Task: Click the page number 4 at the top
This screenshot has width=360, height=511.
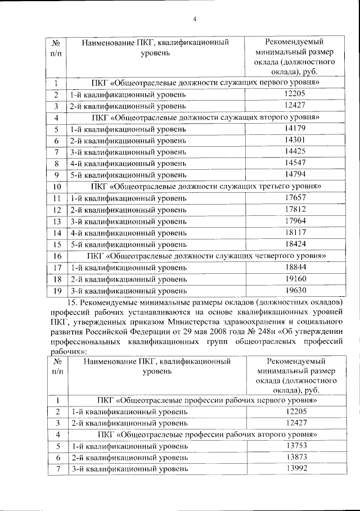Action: pyautogui.click(x=194, y=20)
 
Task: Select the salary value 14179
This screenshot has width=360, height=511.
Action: pyautogui.click(x=295, y=129)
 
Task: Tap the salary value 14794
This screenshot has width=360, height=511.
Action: pyautogui.click(x=295, y=174)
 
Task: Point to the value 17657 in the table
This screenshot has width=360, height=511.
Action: pyautogui.click(x=295, y=198)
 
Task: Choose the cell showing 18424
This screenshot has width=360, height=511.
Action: pyautogui.click(x=295, y=244)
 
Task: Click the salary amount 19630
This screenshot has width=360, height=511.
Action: pyautogui.click(x=295, y=291)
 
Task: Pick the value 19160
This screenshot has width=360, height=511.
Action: pyautogui.click(x=295, y=279)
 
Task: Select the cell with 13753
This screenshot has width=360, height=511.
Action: pyautogui.click(x=295, y=446)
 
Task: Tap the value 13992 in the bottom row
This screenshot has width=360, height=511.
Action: pyautogui.click(x=295, y=469)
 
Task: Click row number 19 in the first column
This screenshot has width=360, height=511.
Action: pyautogui.click(x=57, y=291)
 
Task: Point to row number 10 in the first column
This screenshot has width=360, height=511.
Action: pyautogui.click(x=57, y=187)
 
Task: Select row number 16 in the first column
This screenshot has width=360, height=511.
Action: pyautogui.click(x=57, y=256)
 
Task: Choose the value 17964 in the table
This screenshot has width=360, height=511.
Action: pyautogui.click(x=295, y=221)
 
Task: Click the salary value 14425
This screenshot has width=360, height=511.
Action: pyautogui.click(x=295, y=151)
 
